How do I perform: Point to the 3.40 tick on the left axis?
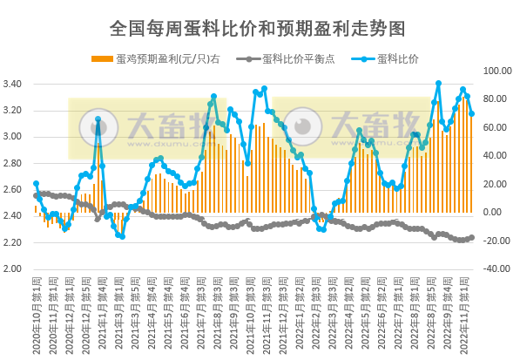[17, 85]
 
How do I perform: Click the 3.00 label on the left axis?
[17, 137]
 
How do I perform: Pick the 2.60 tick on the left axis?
[17, 190]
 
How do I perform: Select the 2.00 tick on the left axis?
[17, 268]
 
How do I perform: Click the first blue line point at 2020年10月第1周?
[36, 184]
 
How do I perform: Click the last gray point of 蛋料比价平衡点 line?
[471, 237]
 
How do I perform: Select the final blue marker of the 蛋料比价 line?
[471, 113]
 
